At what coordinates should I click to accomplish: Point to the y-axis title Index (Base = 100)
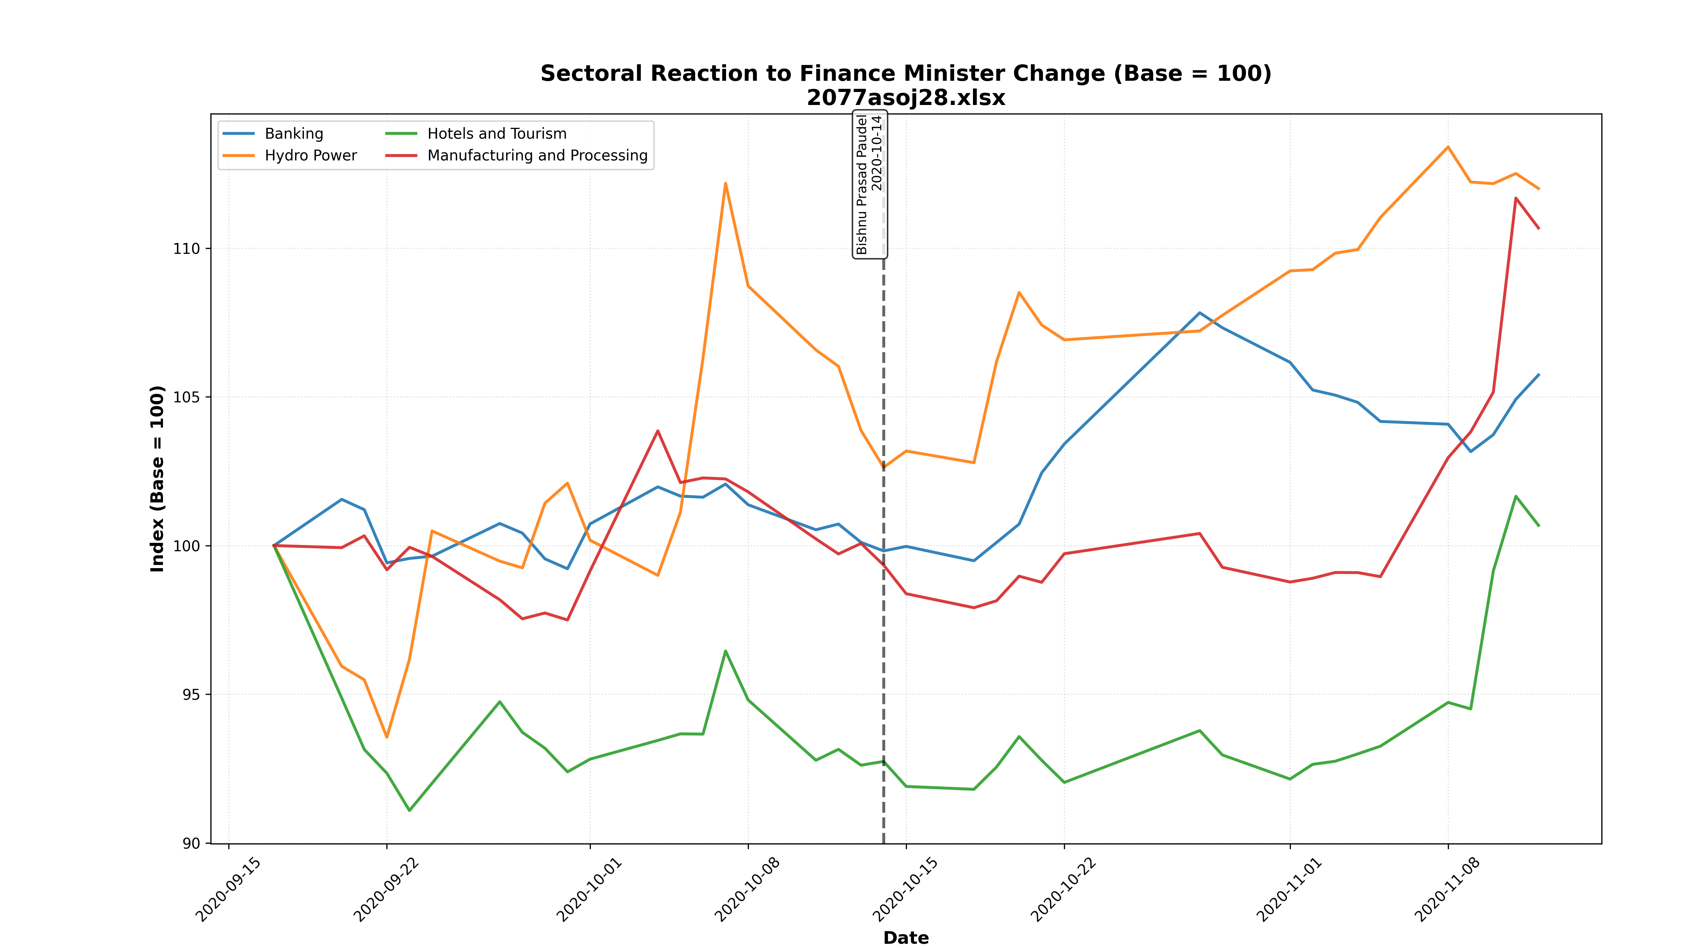158,479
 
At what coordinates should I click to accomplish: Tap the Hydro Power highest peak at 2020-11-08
1448,147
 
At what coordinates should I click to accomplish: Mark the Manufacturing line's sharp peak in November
1516,198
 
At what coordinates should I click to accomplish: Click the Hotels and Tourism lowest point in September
410,811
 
